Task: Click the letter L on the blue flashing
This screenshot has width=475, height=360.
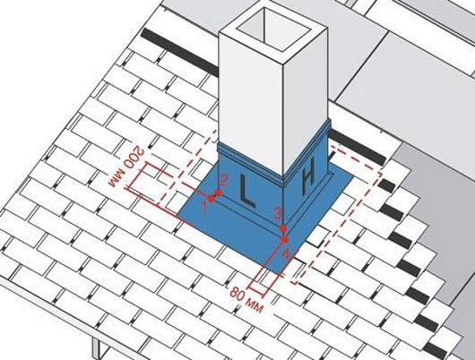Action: point(246,191)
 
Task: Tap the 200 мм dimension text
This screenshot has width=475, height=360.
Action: point(126,167)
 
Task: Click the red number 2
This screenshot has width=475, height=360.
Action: point(224,181)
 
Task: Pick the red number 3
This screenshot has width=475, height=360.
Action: point(276,212)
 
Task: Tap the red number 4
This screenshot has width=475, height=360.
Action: point(286,253)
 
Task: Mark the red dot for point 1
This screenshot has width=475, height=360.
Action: point(212,199)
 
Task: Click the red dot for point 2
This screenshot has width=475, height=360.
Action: point(219,193)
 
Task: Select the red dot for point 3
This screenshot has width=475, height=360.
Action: point(283,228)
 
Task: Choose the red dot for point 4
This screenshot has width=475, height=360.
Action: point(284,240)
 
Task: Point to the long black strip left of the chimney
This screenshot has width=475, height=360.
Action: point(180,52)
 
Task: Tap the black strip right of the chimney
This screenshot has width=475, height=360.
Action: point(358,148)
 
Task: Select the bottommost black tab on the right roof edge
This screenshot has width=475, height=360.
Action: point(436,350)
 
